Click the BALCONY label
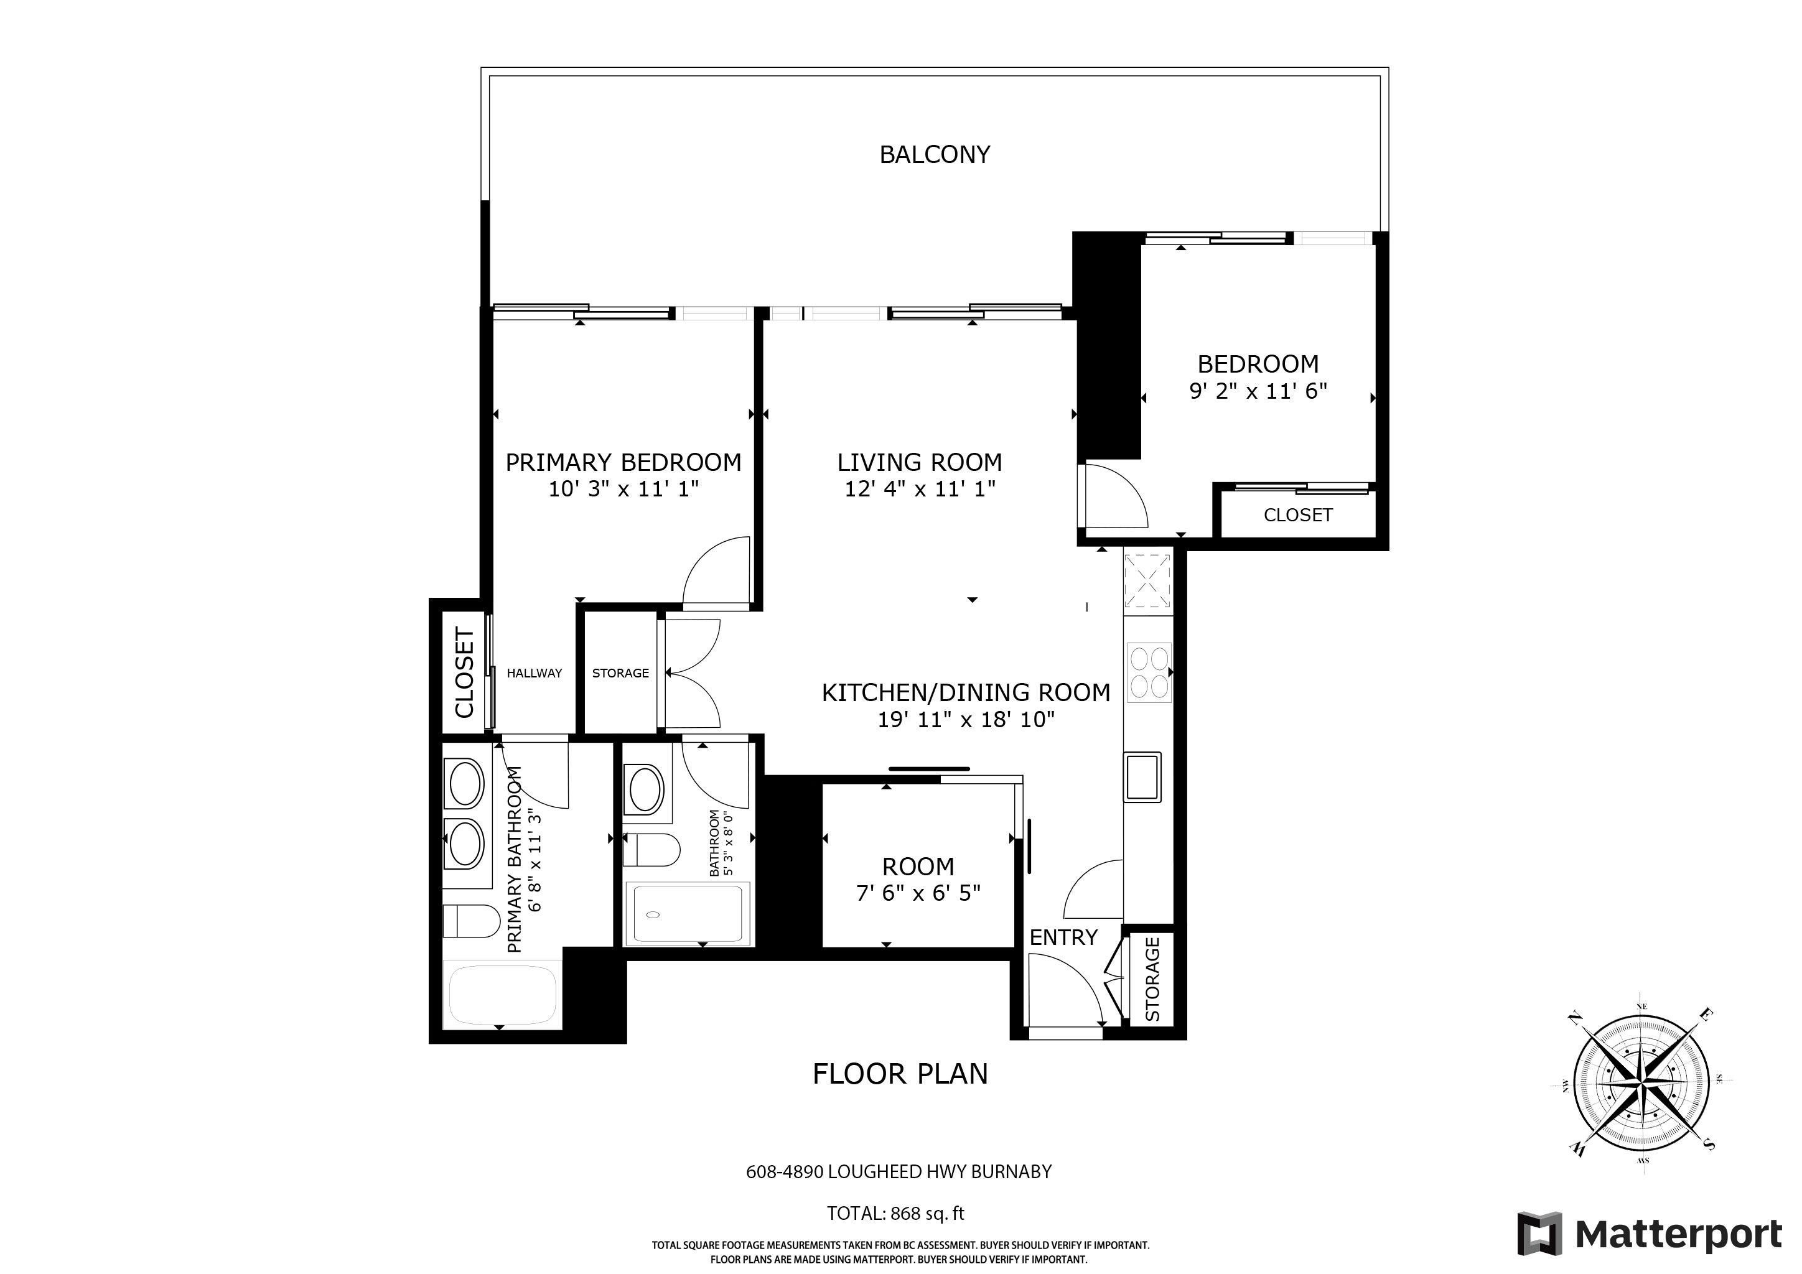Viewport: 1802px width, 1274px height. (x=934, y=154)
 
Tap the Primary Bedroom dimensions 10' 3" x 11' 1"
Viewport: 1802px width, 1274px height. (x=623, y=490)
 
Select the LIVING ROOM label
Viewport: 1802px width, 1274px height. (x=919, y=462)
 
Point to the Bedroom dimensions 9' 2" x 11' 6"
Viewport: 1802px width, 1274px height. (x=1258, y=391)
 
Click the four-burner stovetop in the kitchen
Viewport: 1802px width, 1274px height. (x=1148, y=671)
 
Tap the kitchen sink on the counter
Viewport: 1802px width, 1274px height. (x=1142, y=776)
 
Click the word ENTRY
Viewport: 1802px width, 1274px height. (x=1063, y=937)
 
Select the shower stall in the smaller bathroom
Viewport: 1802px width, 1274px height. (x=688, y=913)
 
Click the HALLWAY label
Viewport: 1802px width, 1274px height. (x=534, y=673)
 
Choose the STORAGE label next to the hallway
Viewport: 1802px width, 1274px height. (x=620, y=673)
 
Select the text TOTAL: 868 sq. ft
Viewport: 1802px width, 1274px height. (x=895, y=1214)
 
